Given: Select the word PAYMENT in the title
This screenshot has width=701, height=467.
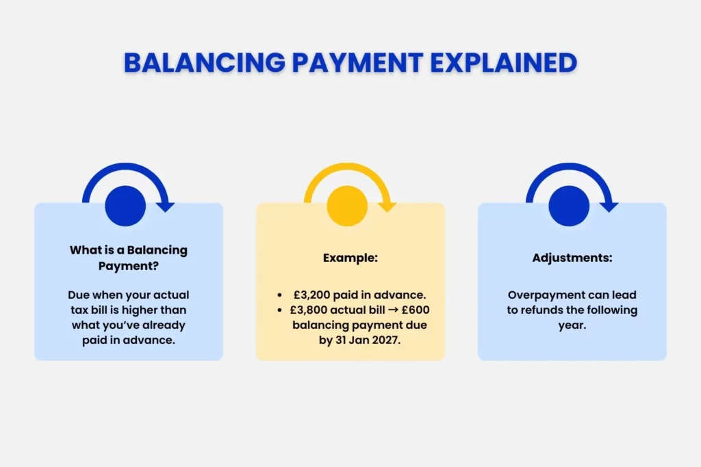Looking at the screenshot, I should tap(356, 63).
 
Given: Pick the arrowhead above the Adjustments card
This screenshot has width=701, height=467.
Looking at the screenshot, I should tap(609, 205).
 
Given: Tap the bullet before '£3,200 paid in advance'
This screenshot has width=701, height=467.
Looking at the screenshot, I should tap(281, 295).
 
